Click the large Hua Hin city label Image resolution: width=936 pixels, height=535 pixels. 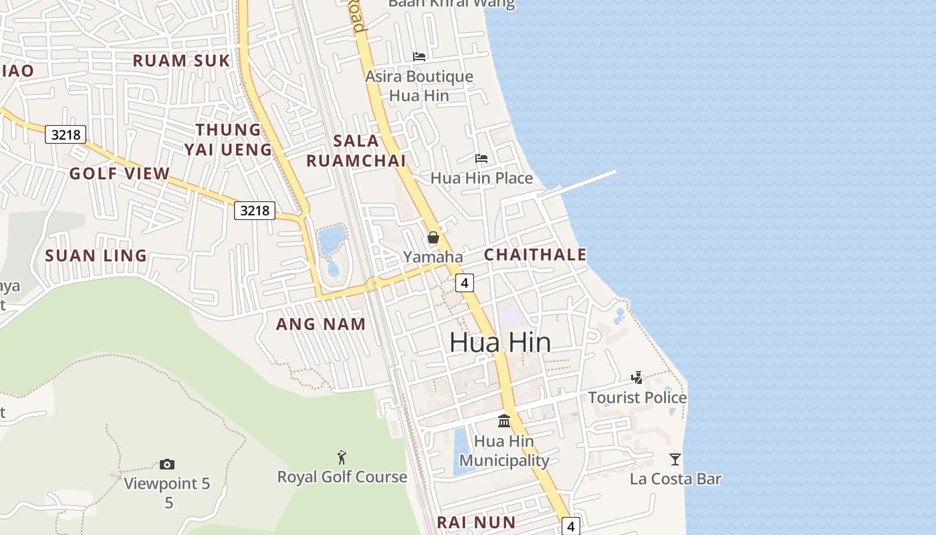(500, 342)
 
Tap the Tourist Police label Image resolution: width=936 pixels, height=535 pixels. (637, 398)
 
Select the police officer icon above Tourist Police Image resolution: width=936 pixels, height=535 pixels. (637, 378)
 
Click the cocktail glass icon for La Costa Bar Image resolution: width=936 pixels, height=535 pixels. (675, 459)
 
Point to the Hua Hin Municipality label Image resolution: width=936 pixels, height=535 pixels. (504, 451)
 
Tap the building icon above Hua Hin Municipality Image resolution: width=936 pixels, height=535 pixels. (504, 421)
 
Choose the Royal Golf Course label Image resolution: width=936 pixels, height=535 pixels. (342, 477)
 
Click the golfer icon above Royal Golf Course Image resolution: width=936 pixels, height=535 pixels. (342, 457)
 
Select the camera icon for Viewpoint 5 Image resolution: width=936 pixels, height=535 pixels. (167, 464)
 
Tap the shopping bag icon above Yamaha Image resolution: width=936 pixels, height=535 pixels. (433, 237)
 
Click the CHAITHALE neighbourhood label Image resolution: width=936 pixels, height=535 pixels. (535, 255)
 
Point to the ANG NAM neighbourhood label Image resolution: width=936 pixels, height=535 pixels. (321, 324)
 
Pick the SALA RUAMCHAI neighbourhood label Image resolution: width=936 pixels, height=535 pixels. (356, 150)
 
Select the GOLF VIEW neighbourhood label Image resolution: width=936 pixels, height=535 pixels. (120, 174)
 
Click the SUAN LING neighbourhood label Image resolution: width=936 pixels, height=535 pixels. (96, 255)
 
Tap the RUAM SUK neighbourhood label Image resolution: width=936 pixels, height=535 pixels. (181, 61)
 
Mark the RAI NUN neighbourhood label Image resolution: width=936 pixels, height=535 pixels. (476, 522)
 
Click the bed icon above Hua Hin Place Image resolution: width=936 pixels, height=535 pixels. (481, 158)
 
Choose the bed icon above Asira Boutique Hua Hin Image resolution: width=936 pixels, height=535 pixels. (419, 57)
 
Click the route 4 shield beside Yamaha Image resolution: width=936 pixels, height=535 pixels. (464, 283)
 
